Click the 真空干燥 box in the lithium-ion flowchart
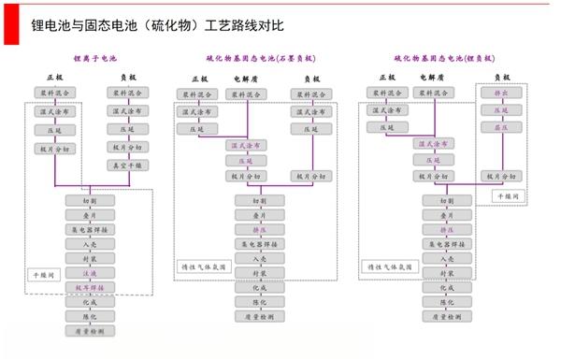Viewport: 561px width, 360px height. pos(130,165)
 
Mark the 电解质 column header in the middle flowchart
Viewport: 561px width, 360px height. pos(245,78)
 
